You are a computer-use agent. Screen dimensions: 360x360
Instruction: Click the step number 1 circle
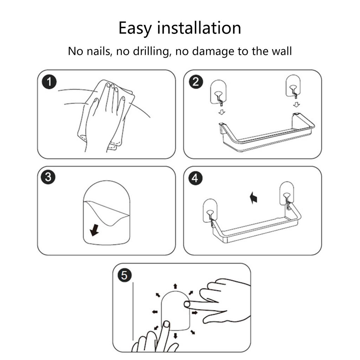(49, 82)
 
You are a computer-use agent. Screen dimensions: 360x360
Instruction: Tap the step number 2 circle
(195, 82)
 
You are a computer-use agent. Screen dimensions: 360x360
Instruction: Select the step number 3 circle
(48, 177)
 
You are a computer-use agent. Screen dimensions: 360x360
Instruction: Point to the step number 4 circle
(195, 178)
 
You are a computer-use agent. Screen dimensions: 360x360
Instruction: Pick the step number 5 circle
(124, 275)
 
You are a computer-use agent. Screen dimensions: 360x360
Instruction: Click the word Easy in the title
(135, 28)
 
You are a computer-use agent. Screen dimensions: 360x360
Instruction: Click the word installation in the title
(199, 28)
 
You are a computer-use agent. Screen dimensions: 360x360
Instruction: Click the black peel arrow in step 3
(94, 230)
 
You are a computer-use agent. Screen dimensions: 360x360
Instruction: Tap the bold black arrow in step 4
(253, 198)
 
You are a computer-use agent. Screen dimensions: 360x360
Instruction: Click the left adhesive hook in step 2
(218, 92)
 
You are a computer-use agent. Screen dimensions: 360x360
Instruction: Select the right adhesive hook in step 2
(293, 86)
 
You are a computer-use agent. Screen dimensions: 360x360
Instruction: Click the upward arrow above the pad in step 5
(175, 286)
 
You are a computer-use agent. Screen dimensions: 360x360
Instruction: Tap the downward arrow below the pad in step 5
(176, 336)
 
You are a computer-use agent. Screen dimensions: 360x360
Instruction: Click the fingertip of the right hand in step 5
(187, 304)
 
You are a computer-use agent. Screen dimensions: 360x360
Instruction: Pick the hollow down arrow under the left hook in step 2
(221, 112)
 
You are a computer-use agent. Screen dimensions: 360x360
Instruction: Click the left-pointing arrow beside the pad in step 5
(155, 312)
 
